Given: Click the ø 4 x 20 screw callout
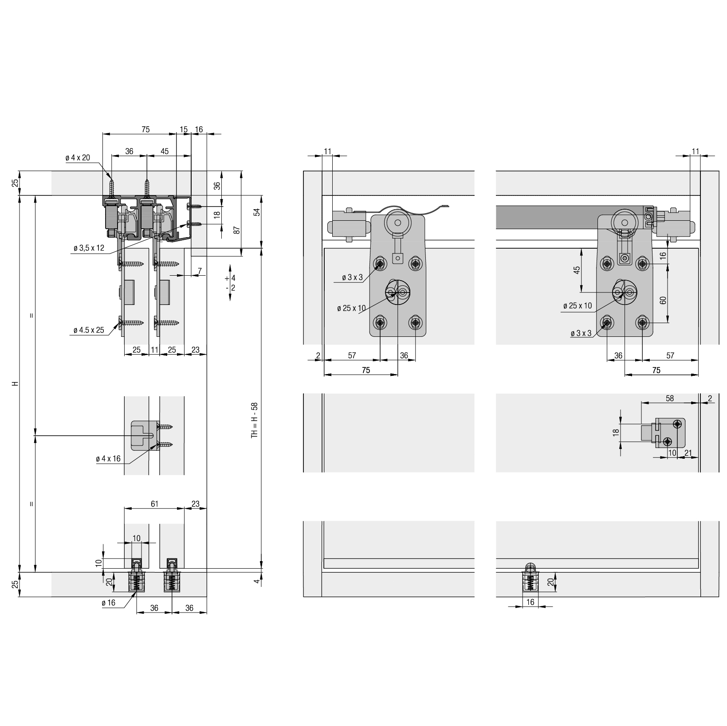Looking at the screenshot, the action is pyautogui.click(x=78, y=158).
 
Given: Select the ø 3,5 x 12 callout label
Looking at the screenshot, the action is pyautogui.click(x=89, y=248).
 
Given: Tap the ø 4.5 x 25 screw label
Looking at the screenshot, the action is pyautogui.click(x=89, y=330).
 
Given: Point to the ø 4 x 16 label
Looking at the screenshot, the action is pyautogui.click(x=108, y=459).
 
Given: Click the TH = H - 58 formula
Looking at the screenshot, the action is pyautogui.click(x=254, y=420).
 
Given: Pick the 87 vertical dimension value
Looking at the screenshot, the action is pyautogui.click(x=237, y=230).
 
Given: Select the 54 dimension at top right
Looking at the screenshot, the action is pyautogui.click(x=256, y=212).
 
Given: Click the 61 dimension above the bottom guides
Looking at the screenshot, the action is pyautogui.click(x=154, y=504).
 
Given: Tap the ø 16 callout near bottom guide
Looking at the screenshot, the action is pyautogui.click(x=108, y=603).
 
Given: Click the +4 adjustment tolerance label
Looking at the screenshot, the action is pyautogui.click(x=230, y=278).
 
